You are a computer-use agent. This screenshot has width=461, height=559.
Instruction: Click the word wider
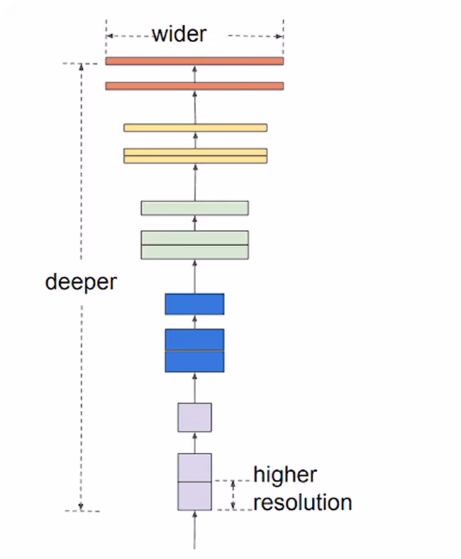(180, 35)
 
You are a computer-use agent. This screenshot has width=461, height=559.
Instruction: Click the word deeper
(81, 282)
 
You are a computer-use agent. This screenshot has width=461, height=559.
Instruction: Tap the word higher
(285, 474)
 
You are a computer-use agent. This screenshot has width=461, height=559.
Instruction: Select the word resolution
(303, 502)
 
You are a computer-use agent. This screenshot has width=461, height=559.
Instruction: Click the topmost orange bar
(195, 61)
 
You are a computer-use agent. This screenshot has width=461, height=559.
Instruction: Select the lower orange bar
(195, 86)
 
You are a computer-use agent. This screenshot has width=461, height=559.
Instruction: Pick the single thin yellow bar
(195, 127)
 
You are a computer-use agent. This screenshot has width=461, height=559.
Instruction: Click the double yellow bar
(195, 156)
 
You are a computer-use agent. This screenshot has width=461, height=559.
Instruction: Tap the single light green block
(195, 208)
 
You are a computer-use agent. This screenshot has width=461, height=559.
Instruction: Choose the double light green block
(195, 245)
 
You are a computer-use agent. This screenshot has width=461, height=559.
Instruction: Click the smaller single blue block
(195, 304)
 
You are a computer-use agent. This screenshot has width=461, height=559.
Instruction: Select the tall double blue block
(195, 350)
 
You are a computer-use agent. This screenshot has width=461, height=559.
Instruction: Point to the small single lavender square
(195, 417)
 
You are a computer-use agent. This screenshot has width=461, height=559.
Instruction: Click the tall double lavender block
(195, 482)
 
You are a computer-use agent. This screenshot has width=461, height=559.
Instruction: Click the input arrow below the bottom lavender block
(195, 530)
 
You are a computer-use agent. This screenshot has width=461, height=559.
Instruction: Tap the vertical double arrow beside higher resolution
(233, 495)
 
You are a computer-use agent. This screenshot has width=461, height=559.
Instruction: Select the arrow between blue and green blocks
(195, 276)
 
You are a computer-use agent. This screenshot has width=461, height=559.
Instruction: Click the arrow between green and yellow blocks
(195, 182)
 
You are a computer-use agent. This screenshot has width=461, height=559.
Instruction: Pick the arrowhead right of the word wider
(279, 36)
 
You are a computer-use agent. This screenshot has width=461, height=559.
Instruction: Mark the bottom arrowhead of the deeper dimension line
(81, 506)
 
